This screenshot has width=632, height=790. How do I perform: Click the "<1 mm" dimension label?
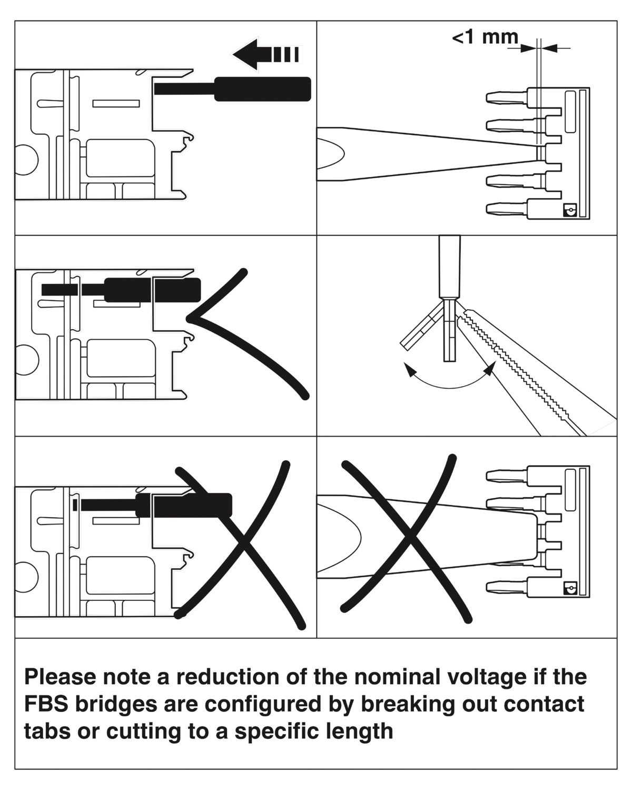pos(485,38)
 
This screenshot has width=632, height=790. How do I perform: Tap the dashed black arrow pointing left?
pos(265,54)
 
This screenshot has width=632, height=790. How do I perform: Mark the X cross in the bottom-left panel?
pos(240,542)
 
